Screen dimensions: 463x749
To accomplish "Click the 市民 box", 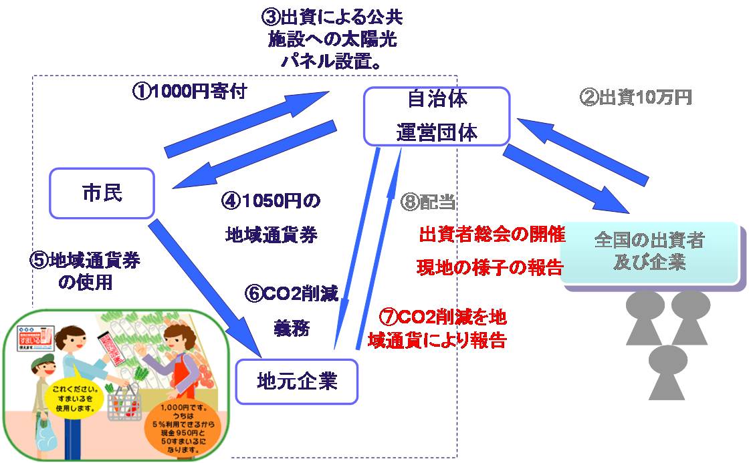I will pos(102,193).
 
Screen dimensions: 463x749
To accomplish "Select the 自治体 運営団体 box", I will pos(436,116).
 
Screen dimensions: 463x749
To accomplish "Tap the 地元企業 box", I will pos(297,381).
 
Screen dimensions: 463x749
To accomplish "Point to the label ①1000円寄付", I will pos(190,92).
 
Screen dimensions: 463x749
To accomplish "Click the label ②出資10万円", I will pos(635,98).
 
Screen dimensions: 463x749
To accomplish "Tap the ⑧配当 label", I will pos(429,200).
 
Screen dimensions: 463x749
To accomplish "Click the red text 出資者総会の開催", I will pos(492,235).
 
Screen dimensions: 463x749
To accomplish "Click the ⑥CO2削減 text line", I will pos(292,294).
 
